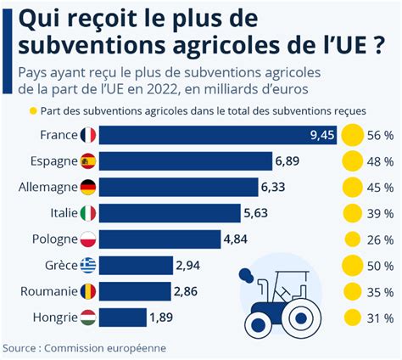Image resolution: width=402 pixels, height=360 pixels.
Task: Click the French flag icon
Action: (x=88, y=134)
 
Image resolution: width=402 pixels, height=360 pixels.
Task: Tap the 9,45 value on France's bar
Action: (x=322, y=134)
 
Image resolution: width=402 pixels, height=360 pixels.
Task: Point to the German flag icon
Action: (x=88, y=187)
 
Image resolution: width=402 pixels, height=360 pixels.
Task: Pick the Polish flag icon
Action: (x=88, y=239)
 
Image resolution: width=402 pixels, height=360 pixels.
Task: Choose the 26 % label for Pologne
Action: (x=379, y=239)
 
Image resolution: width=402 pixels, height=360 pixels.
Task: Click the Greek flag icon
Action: (x=88, y=266)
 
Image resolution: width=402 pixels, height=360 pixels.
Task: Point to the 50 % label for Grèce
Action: (x=379, y=266)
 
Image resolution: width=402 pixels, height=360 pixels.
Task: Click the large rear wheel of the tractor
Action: (x=299, y=318)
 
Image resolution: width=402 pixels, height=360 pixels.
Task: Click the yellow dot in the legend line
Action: (x=33, y=111)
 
